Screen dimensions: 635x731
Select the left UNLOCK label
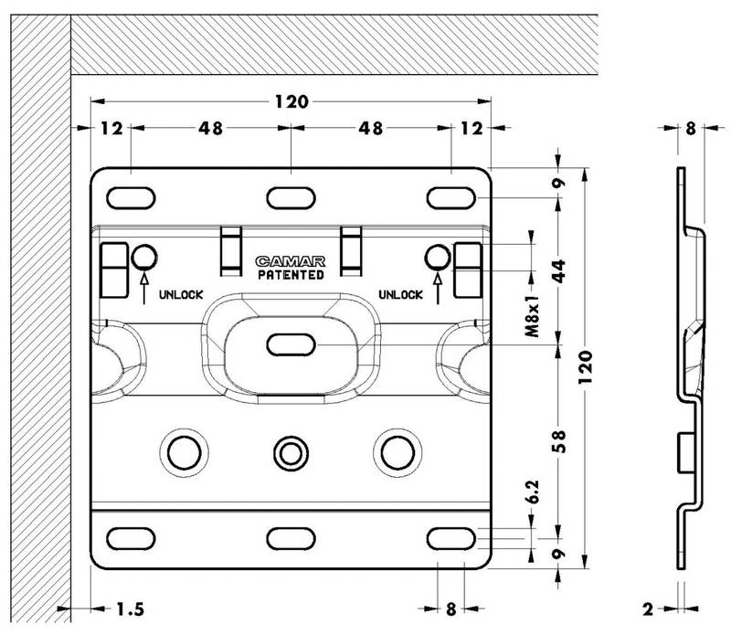(x=179, y=294)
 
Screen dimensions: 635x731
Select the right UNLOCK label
(x=400, y=294)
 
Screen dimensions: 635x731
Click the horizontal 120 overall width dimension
(x=291, y=100)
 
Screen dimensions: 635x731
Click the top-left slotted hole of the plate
(x=132, y=198)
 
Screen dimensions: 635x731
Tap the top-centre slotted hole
(x=291, y=198)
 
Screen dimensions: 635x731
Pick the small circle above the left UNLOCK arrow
(x=144, y=255)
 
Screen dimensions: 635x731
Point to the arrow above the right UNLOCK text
(x=438, y=283)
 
